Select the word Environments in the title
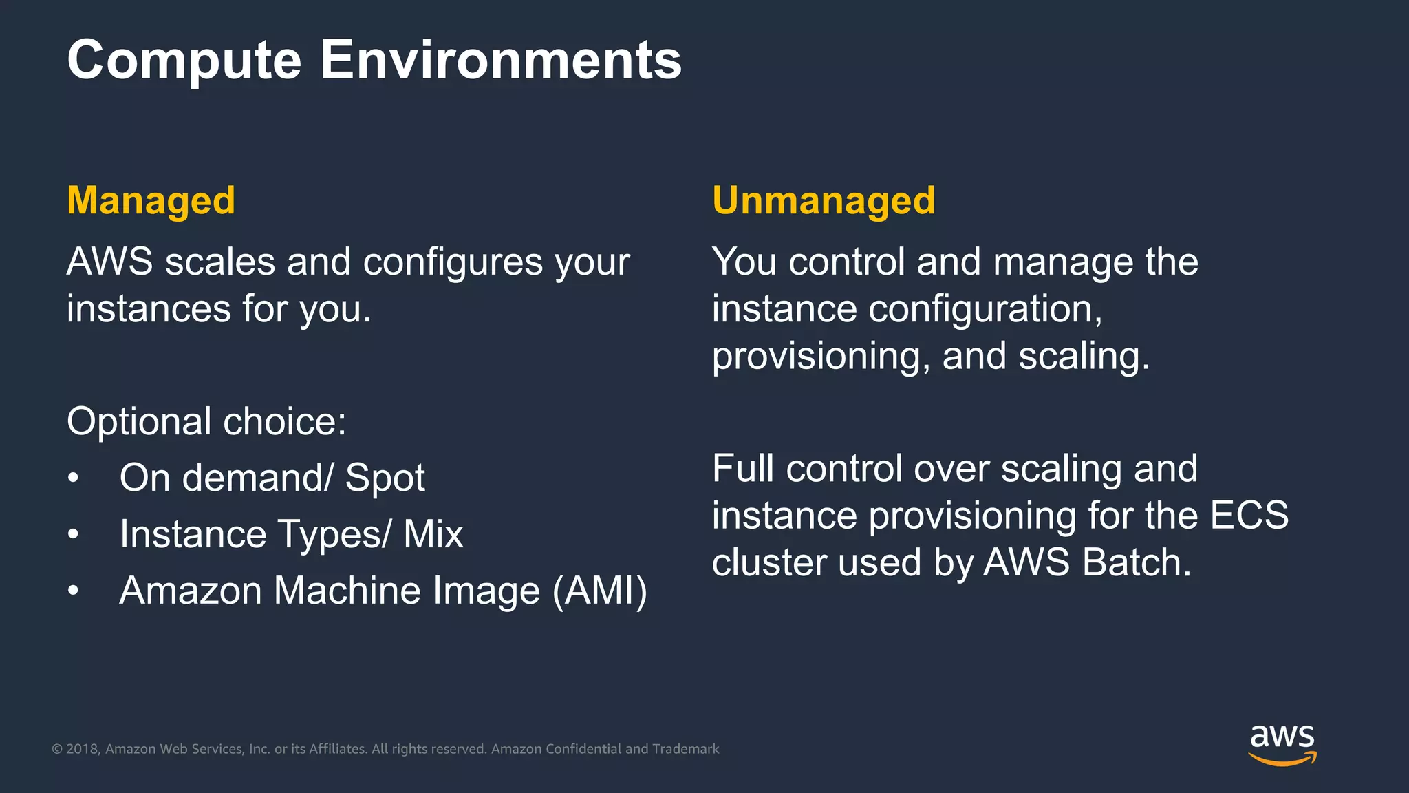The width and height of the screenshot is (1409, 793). pyautogui.click(x=501, y=61)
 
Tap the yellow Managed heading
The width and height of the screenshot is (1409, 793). pyautogui.click(x=151, y=201)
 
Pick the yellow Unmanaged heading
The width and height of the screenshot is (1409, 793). pyautogui.click(x=824, y=201)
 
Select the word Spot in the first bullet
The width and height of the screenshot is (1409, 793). pyautogui.click(x=385, y=478)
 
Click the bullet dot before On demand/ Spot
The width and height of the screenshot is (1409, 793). pyautogui.click(x=74, y=478)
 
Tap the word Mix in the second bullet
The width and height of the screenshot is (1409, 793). pyautogui.click(x=433, y=534)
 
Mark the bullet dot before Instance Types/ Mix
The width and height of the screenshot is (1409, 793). pyautogui.click(x=74, y=535)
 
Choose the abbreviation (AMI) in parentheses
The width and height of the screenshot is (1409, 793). pyautogui.click(x=600, y=591)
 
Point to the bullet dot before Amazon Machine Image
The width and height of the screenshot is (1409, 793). pyautogui.click(x=74, y=591)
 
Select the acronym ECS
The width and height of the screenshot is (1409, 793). pyautogui.click(x=1249, y=516)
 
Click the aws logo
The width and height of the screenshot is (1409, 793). pyautogui.click(x=1282, y=743)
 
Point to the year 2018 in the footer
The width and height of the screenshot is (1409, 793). pyautogui.click(x=82, y=749)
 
